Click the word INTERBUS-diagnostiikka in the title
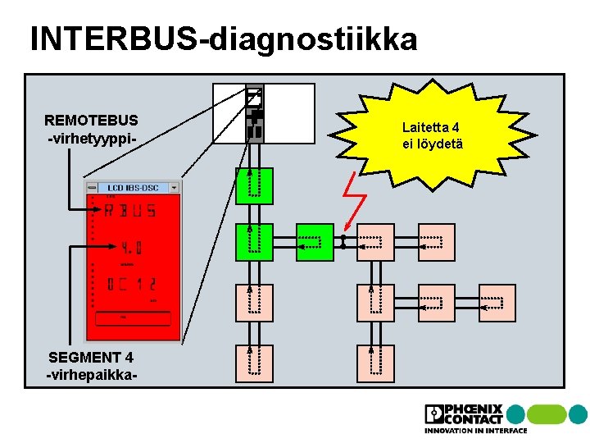223,39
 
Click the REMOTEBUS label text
91,120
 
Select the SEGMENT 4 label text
91,358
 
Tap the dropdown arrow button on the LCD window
174,188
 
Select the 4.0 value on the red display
130,247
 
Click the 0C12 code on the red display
131,285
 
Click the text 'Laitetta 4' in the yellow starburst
431,127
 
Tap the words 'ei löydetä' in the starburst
432,144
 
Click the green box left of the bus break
315,243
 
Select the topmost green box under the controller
254,185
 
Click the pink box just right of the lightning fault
375,243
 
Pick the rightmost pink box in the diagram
497,303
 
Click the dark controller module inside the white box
255,116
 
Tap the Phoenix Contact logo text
475,414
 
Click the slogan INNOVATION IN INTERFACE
475,431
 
